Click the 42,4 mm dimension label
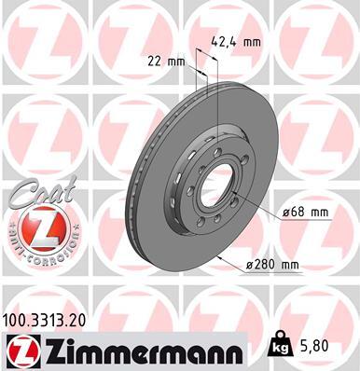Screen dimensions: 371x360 coord(236,41)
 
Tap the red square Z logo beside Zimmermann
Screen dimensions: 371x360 coord(20,350)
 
